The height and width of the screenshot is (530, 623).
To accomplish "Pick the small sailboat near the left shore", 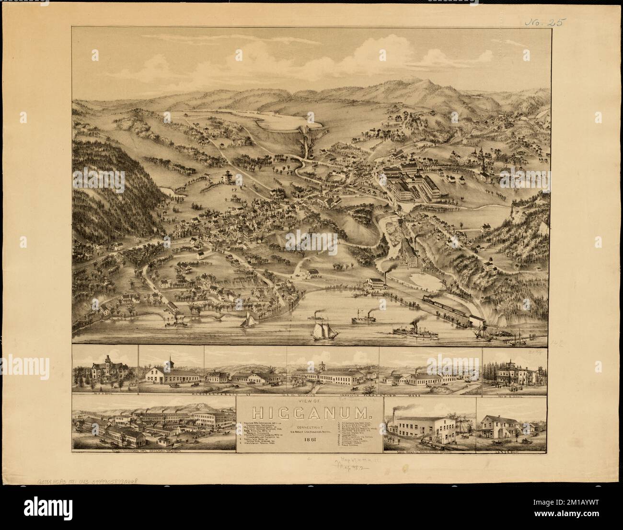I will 249,321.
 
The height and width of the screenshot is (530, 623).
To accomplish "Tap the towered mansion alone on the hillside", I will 227,176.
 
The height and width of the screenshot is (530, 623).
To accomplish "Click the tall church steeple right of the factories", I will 484,165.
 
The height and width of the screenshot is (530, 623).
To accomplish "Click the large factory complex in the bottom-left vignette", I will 153,424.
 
